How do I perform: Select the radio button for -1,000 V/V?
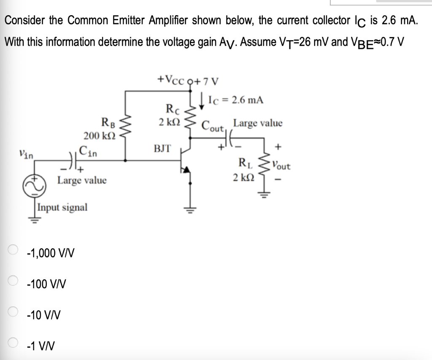[x=13, y=249]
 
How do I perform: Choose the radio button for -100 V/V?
[x=13, y=280]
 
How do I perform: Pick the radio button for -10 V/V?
[x=13, y=311]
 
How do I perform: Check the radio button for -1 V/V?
[x=13, y=342]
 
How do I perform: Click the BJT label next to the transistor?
[x=162, y=148]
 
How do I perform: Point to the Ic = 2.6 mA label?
[x=235, y=100]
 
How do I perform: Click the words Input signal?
[x=62, y=207]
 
